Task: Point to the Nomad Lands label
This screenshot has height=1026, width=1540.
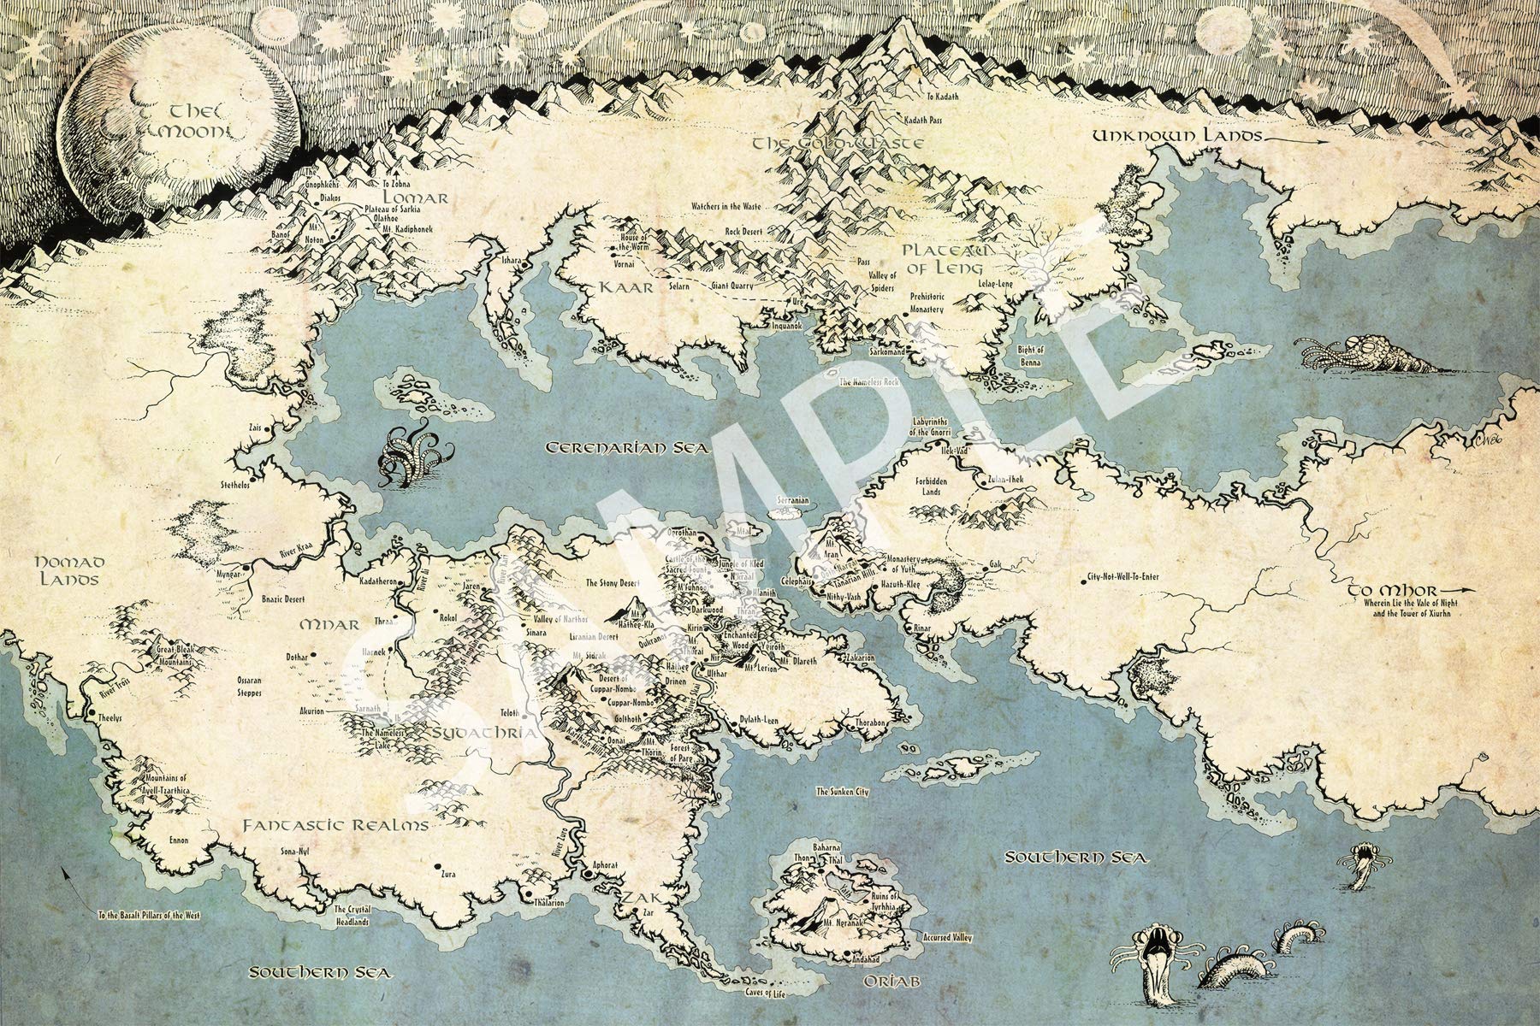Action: [68, 570]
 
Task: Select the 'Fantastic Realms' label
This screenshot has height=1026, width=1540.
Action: [335, 826]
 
